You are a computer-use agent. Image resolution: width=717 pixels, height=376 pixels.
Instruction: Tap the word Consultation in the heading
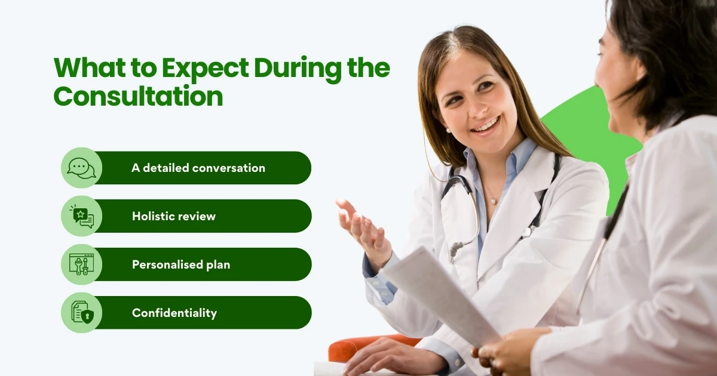click(138, 96)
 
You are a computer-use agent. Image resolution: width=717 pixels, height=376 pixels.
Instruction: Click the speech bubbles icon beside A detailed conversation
click(82, 168)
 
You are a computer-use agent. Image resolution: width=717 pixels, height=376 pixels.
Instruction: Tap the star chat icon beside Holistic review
click(82, 216)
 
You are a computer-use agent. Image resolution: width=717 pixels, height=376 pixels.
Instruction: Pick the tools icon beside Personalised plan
click(82, 264)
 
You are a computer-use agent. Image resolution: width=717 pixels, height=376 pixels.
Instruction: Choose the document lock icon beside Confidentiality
click(82, 312)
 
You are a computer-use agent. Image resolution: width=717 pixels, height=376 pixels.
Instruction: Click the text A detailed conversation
click(198, 168)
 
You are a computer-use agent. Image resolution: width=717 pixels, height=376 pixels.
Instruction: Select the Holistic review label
click(174, 216)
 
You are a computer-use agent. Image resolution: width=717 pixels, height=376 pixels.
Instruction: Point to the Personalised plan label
click(181, 264)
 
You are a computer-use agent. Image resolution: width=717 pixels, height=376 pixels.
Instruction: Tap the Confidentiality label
click(174, 313)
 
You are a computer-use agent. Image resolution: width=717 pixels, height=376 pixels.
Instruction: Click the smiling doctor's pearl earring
click(448, 130)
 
